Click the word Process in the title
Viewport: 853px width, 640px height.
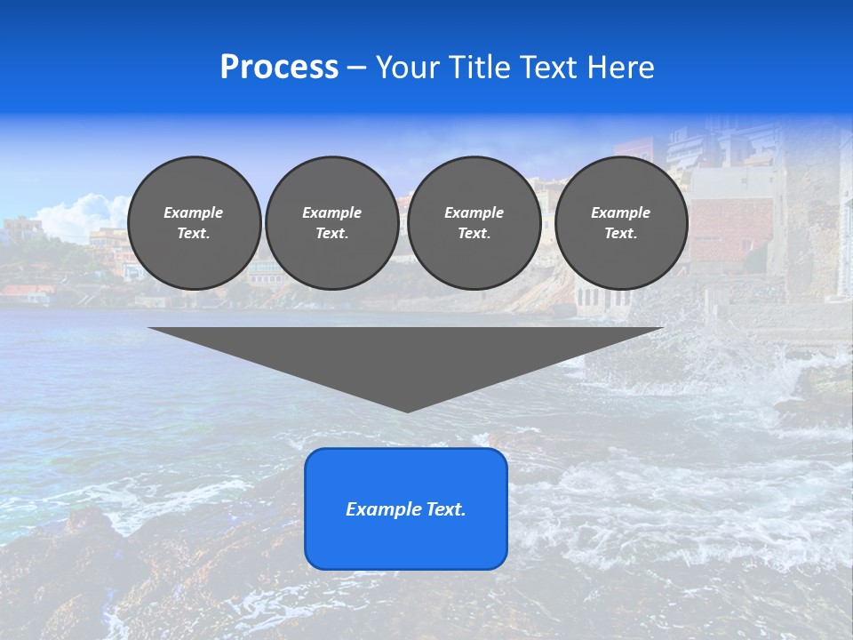[279, 68]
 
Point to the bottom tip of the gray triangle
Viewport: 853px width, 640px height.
[407, 411]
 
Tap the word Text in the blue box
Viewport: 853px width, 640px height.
[447, 509]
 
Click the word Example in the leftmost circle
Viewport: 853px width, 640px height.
[194, 212]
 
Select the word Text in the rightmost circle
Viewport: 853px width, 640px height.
[620, 234]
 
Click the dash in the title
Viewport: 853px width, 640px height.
[356, 68]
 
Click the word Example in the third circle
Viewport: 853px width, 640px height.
[474, 212]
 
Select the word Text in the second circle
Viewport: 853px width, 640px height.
[331, 234]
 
